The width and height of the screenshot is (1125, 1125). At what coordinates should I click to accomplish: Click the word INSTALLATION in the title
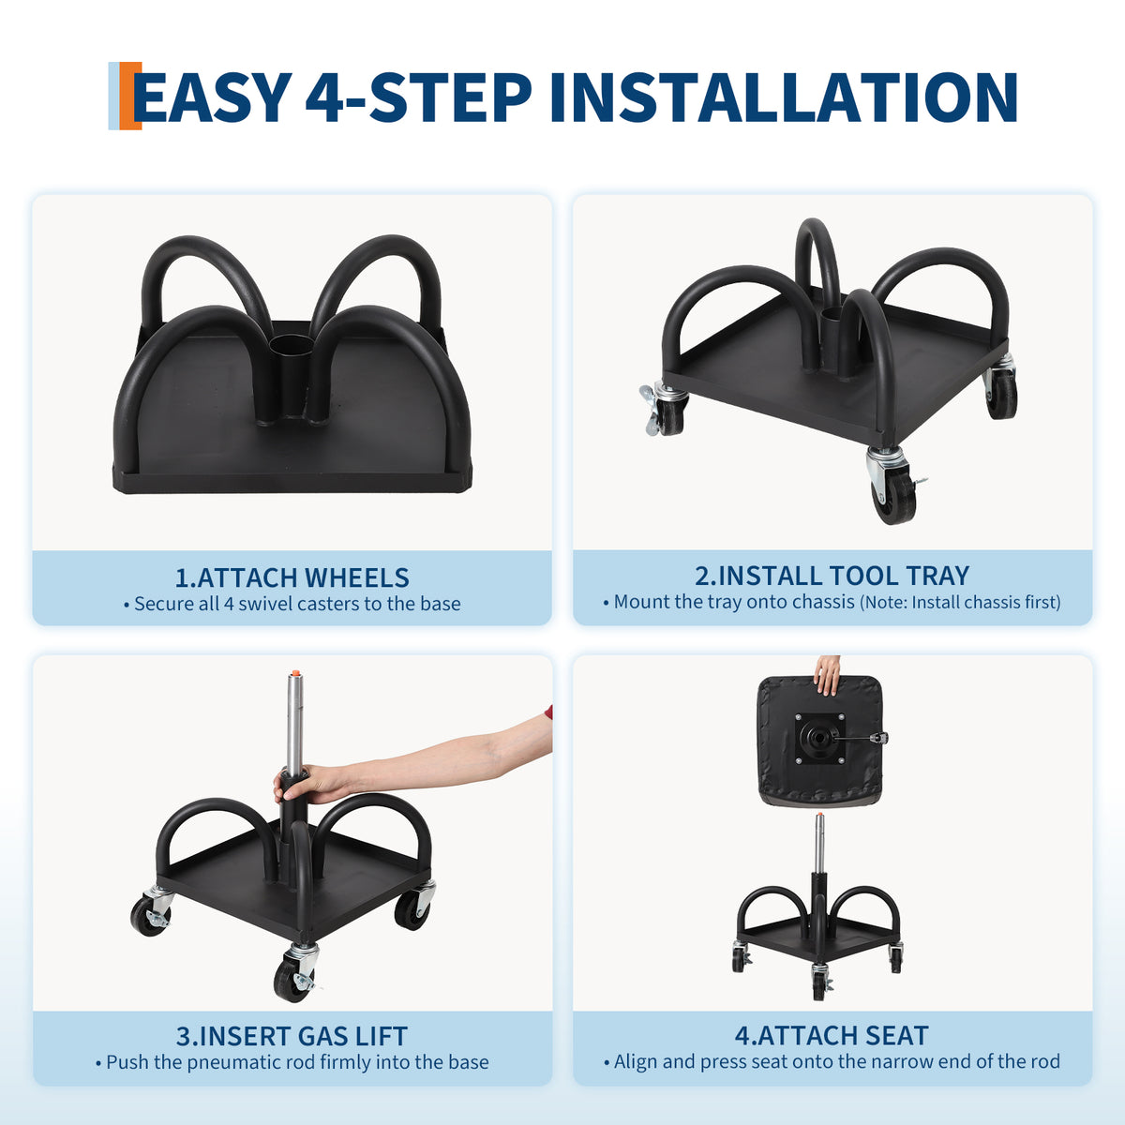pos(784,97)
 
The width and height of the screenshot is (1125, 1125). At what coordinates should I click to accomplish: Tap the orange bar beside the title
pos(130,96)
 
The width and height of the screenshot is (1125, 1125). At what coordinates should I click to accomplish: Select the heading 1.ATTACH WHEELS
pos(292,577)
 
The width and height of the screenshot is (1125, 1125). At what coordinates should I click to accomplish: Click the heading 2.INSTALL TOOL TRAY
pos(832,576)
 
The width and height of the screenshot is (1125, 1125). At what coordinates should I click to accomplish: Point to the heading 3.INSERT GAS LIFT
pos(292,1036)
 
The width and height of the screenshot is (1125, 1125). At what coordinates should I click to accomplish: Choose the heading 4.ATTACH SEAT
pos(832,1036)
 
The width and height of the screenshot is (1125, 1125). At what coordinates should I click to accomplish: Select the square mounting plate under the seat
pos(819,739)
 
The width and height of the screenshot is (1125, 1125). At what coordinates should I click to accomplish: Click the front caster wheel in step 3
pos(293,981)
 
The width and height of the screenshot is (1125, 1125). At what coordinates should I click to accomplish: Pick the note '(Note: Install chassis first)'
pos(960,602)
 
